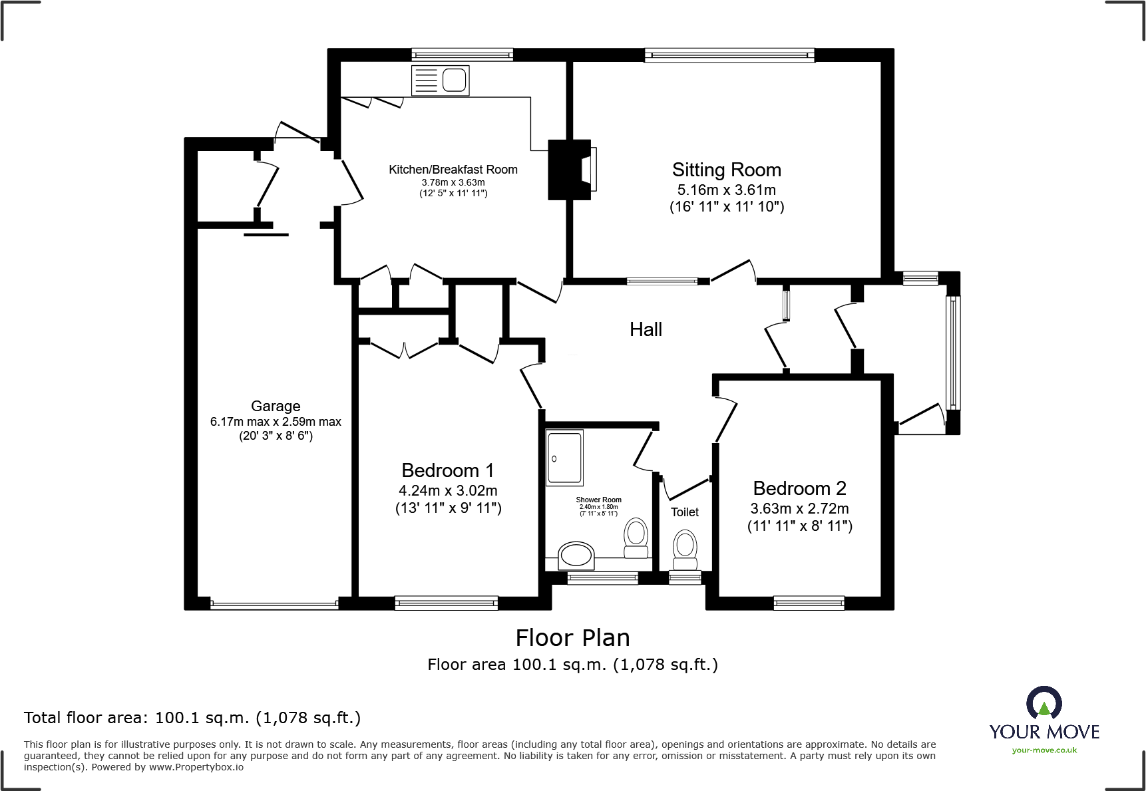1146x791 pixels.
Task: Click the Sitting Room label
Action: [x=726, y=170]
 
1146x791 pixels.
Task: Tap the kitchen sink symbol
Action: [x=441, y=80]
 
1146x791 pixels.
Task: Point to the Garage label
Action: [x=276, y=406]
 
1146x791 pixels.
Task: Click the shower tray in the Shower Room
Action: [x=564, y=458]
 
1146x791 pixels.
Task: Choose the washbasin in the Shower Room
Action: [x=576, y=555]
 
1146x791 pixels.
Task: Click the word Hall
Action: [x=646, y=329]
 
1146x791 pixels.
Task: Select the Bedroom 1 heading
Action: [x=448, y=470]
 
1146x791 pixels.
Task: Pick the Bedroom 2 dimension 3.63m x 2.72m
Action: [x=799, y=509]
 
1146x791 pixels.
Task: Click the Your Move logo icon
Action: [x=1044, y=703]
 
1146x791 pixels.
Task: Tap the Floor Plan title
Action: [x=572, y=638]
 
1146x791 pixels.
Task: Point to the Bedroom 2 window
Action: [x=809, y=603]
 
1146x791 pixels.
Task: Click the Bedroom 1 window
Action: [x=447, y=603]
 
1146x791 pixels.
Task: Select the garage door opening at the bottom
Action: [x=274, y=605]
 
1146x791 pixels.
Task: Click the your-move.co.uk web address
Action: [x=1044, y=750]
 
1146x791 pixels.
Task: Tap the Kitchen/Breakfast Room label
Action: [x=453, y=170]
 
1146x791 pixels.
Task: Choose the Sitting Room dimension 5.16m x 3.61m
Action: [x=727, y=190]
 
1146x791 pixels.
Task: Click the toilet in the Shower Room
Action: [x=636, y=538]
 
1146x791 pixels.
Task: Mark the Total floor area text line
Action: [x=192, y=718]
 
